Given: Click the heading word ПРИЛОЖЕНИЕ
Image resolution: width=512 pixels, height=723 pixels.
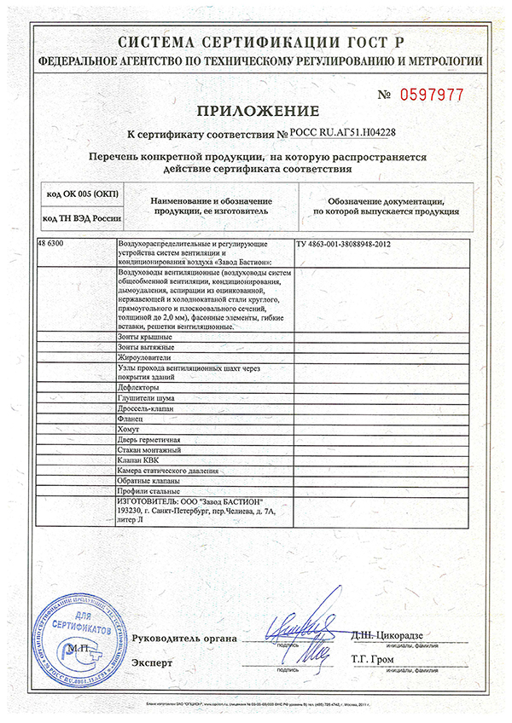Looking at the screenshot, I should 257,112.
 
